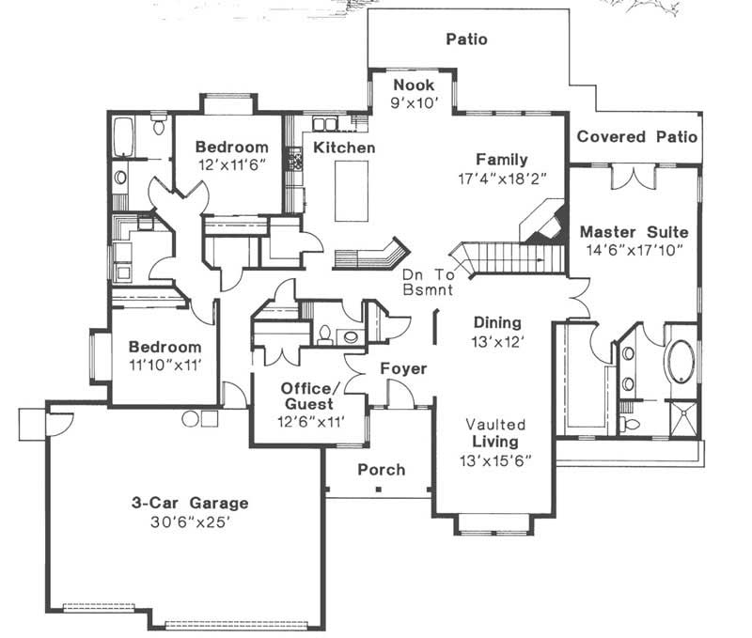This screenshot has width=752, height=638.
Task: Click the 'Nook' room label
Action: tap(414, 86)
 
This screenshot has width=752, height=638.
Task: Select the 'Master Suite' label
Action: tap(634, 231)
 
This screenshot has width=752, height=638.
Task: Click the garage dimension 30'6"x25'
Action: tap(189, 521)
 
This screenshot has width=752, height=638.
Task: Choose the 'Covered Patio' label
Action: tap(636, 137)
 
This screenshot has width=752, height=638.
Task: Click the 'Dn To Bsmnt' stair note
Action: tap(428, 284)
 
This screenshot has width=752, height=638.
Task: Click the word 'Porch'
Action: tap(381, 470)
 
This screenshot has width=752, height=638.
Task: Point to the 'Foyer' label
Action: tap(403, 369)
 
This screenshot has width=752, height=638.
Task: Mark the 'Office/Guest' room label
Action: tap(306, 396)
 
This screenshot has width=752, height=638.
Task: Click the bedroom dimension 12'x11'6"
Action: tap(231, 164)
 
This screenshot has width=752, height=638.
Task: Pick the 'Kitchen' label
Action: tap(344, 148)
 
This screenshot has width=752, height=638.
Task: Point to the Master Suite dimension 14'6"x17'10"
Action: tap(634, 250)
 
